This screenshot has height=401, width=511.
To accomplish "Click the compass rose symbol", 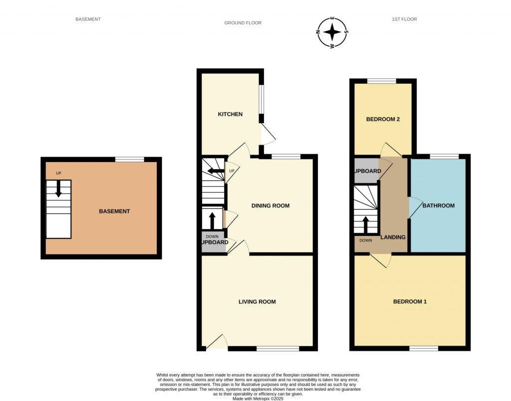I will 332,33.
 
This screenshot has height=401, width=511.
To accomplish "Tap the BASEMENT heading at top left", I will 88,19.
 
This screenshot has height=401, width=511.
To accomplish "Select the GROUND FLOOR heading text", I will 243,23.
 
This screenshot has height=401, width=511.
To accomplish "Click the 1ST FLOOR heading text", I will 404,19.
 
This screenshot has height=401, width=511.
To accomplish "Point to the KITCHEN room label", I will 230,114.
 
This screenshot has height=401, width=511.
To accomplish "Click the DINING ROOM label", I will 270,205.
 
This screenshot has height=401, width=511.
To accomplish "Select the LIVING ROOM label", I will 257,302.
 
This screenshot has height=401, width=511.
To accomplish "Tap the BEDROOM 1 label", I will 410,302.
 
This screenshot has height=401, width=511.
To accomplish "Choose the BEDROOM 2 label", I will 383,120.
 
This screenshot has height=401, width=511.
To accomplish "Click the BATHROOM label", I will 438,205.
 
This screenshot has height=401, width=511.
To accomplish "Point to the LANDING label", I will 393,237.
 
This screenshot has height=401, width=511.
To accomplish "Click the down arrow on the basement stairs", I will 58,189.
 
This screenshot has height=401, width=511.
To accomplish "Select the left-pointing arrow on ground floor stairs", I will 216,172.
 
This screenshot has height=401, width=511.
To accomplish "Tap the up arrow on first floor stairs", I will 366,224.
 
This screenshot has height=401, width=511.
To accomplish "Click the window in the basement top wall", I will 129,160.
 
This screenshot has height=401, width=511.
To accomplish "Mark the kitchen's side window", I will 261,100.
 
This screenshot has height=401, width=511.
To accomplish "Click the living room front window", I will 277,349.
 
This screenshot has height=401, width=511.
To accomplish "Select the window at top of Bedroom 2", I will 382,81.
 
